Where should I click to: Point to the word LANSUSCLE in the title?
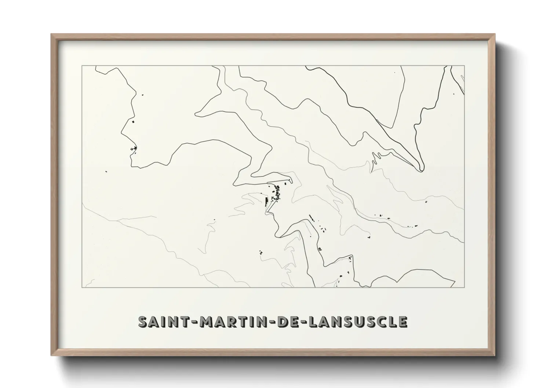tap(358, 322)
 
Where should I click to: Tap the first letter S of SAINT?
tap(143, 322)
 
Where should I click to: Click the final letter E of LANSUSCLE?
tap(402, 322)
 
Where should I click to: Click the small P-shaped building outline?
tap(320, 249)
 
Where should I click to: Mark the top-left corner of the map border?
tap(81, 66)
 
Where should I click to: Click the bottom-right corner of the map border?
tap(464, 288)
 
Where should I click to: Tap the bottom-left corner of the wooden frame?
tap(51, 356)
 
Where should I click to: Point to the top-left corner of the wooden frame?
tap(51, 34)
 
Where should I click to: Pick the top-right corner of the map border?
tap(464, 66)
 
